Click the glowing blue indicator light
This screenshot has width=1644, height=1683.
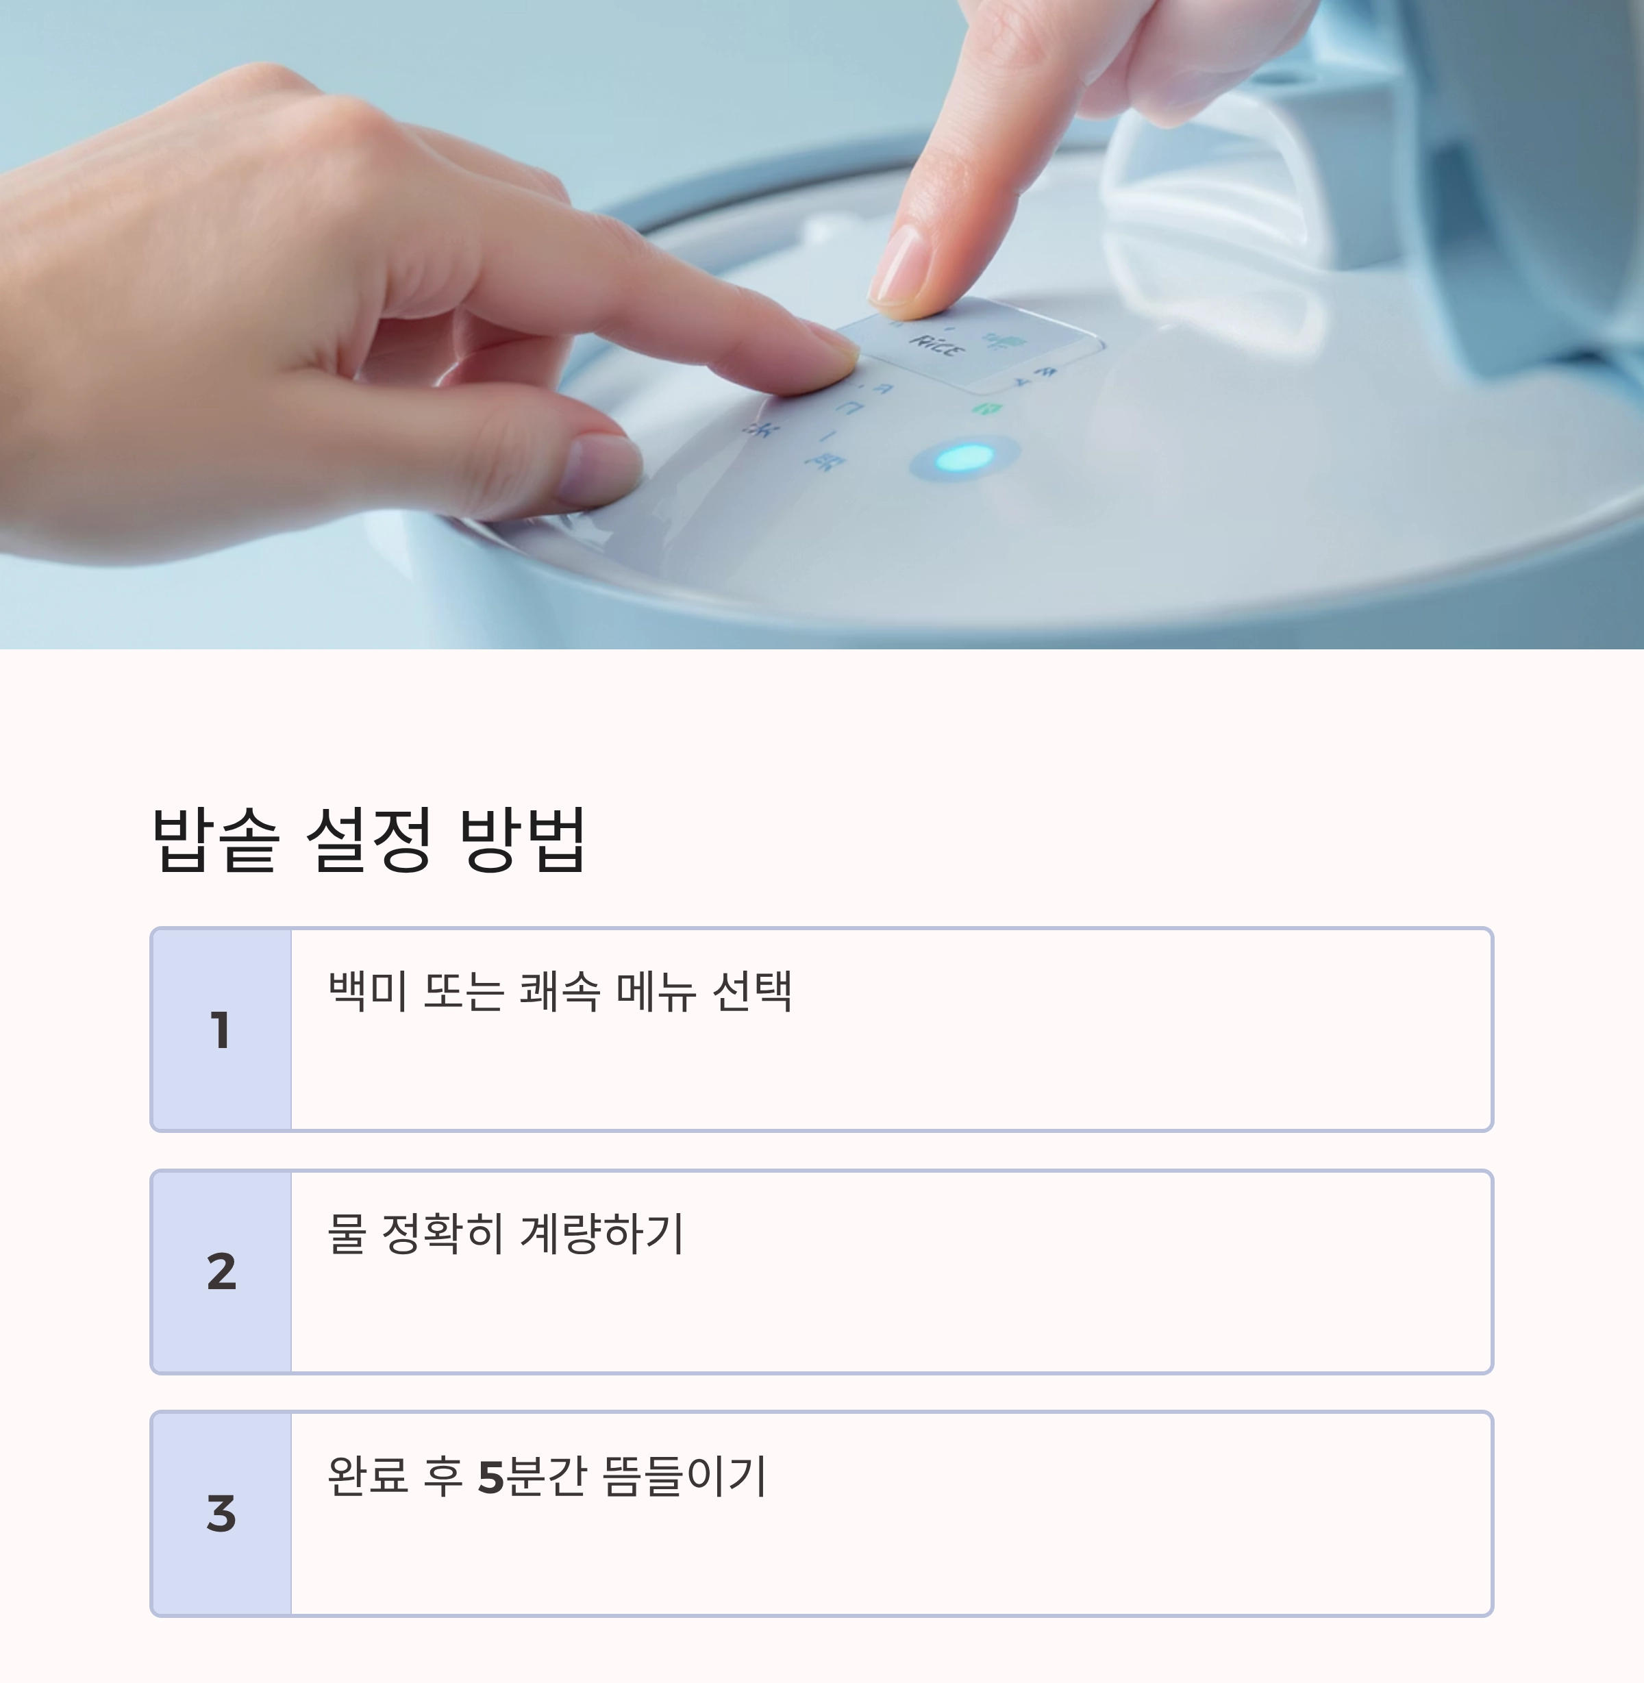[965, 458]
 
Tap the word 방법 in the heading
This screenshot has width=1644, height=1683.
[523, 839]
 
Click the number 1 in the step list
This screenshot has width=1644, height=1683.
[221, 1030]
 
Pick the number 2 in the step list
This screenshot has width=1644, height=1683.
[221, 1272]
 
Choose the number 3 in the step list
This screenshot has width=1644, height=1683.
[221, 1514]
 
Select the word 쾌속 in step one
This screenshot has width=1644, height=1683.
[560, 990]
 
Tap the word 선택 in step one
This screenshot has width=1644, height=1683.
[751, 990]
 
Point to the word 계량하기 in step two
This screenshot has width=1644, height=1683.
[602, 1233]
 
